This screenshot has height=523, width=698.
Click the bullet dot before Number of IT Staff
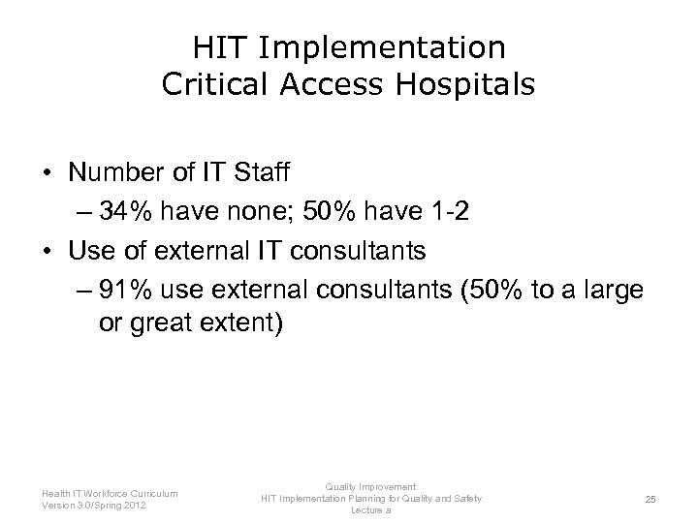tap(46, 174)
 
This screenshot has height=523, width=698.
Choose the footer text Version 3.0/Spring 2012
tap(94, 504)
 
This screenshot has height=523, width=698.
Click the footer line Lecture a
tap(371, 509)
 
